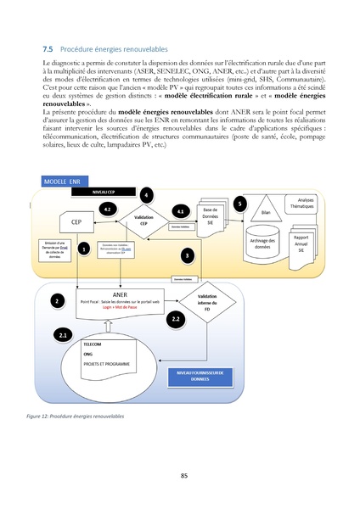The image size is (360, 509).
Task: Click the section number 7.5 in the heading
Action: coord(48,50)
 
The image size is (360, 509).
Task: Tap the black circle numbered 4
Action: coord(147,195)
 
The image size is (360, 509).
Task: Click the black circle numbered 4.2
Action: coord(106,209)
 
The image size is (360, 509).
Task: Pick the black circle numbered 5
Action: coord(240,204)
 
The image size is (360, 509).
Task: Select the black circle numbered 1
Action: coord(83,249)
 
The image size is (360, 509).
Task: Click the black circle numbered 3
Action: coord(187,254)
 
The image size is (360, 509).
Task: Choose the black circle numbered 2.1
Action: coord(65,336)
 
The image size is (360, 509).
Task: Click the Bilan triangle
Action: coord(266,208)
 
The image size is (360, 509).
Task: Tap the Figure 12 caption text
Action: coord(76,417)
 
